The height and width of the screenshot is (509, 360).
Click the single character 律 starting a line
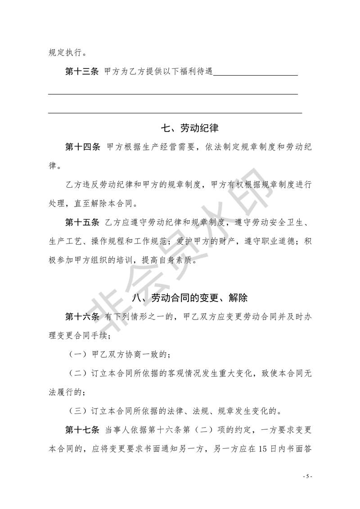click(x=53, y=166)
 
